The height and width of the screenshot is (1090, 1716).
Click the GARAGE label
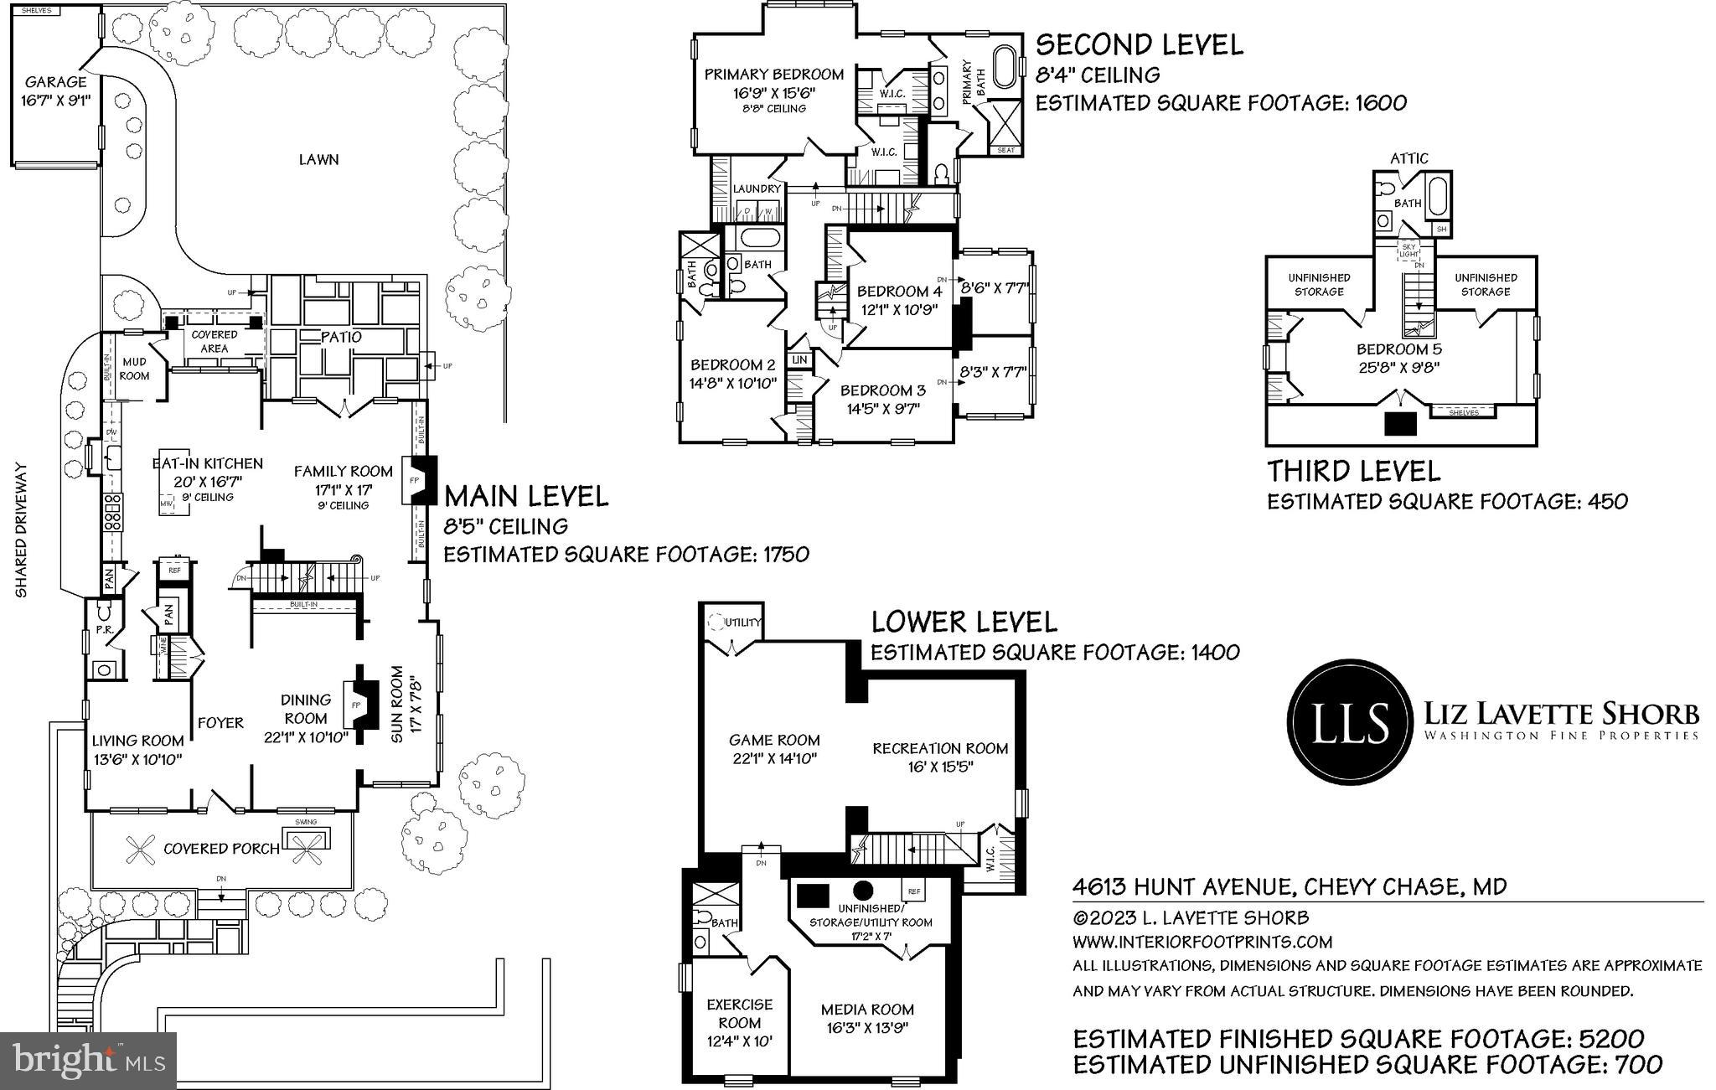point(55,82)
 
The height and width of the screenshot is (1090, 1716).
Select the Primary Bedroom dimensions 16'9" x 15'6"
point(773,93)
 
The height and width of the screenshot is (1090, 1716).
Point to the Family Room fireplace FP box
point(414,481)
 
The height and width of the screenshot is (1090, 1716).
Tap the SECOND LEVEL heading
point(1139,44)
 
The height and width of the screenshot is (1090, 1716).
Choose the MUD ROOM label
point(134,369)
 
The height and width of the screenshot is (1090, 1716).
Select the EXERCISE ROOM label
point(739,1013)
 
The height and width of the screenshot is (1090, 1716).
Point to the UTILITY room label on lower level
point(743,622)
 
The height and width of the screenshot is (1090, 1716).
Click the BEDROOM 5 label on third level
point(1398,349)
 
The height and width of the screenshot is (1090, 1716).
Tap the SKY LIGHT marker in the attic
point(1408,251)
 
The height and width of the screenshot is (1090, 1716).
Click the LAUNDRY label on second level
point(756,189)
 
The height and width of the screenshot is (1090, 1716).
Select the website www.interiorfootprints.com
point(1202,942)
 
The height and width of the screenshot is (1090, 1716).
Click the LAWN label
point(318,159)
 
